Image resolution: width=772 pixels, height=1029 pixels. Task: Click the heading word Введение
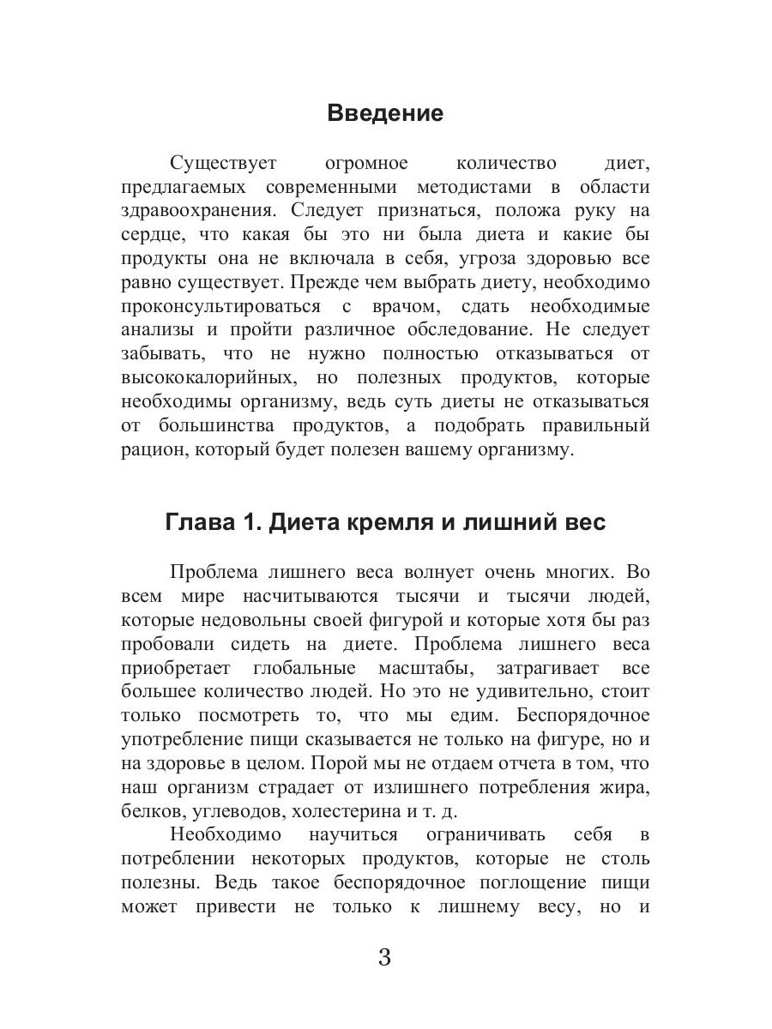click(x=385, y=113)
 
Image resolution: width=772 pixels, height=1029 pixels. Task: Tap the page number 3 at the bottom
click(x=384, y=957)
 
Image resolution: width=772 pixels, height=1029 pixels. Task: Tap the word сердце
click(x=151, y=235)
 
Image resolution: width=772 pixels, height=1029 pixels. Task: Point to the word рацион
click(x=148, y=449)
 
